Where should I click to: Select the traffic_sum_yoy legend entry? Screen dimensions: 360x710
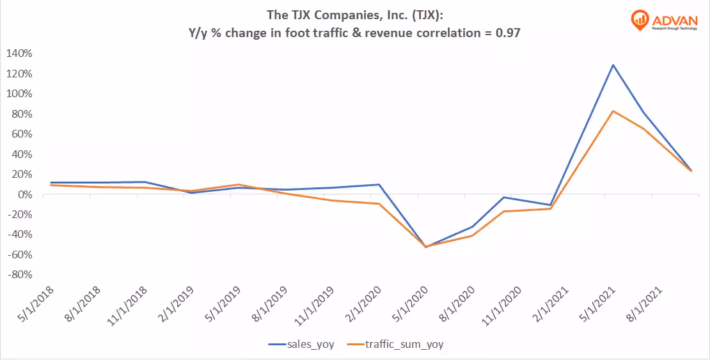pyautogui.click(x=404, y=344)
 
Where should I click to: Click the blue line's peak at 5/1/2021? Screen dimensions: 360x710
pyautogui.click(x=613, y=65)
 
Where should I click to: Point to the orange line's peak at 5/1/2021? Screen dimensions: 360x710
pyautogui.click(x=613, y=111)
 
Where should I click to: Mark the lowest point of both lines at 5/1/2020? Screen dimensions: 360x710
pyautogui.click(x=425, y=247)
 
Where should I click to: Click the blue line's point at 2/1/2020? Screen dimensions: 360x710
pyautogui.click(x=379, y=184)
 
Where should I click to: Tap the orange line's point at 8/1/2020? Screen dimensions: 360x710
pyautogui.click(x=472, y=236)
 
